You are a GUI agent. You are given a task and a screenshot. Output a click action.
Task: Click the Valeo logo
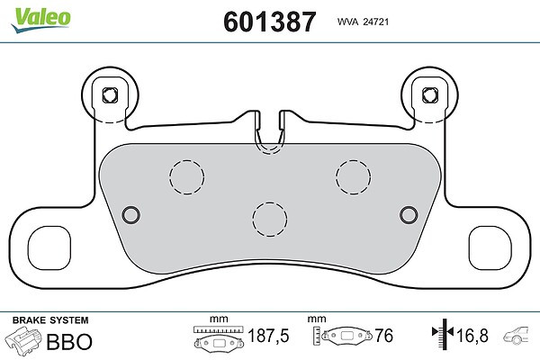pos(40,20)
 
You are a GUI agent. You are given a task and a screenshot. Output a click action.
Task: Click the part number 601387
pos(269,22)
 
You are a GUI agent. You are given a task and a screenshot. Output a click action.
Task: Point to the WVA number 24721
pos(376,22)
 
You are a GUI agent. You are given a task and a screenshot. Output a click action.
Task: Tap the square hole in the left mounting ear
pos(110,95)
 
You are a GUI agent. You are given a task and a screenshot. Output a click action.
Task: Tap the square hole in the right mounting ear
pos(430,95)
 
